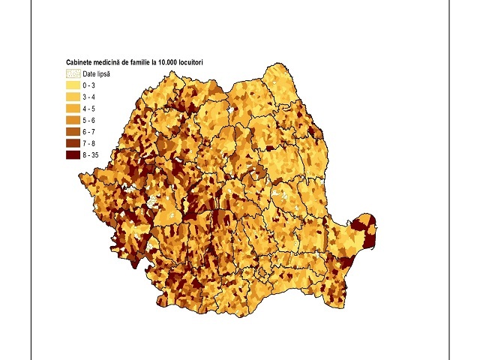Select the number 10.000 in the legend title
coord(174,62)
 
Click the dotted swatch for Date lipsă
coord(73,73)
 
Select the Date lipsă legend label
coord(96,73)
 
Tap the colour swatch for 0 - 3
coord(73,85)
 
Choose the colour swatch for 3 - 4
coord(73,97)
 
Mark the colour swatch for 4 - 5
coord(73,109)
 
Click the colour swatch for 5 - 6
coord(73,120)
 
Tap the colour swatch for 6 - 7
coord(73,132)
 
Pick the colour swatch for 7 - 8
coord(73,143)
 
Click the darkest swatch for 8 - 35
coord(73,155)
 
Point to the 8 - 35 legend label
coord(91,155)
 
